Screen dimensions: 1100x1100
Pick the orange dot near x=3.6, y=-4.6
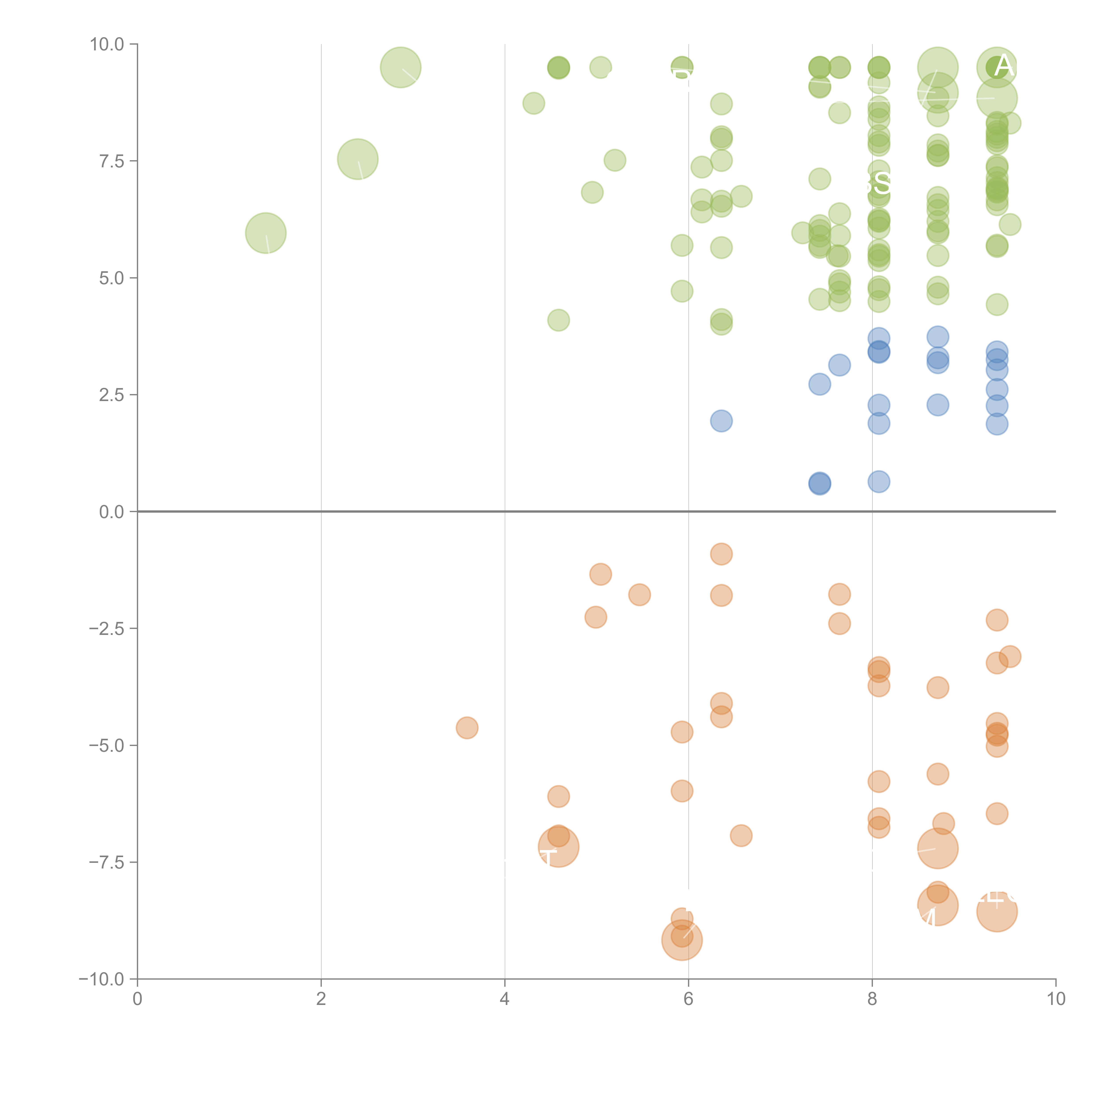(467, 728)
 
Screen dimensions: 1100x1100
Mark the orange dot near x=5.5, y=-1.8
(639, 595)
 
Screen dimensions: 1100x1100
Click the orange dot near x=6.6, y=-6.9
(741, 836)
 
